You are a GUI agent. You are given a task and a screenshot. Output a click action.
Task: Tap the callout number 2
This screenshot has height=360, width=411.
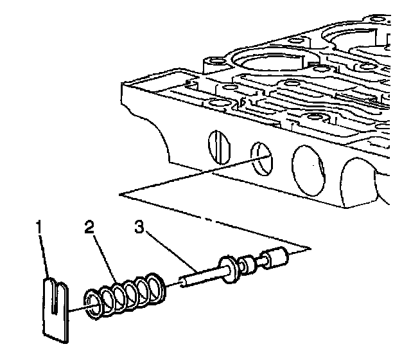[x=90, y=228]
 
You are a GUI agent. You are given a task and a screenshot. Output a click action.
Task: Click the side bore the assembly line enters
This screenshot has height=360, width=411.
[x=261, y=158]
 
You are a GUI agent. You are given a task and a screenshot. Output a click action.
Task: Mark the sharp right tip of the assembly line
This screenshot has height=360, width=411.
[x=310, y=248]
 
